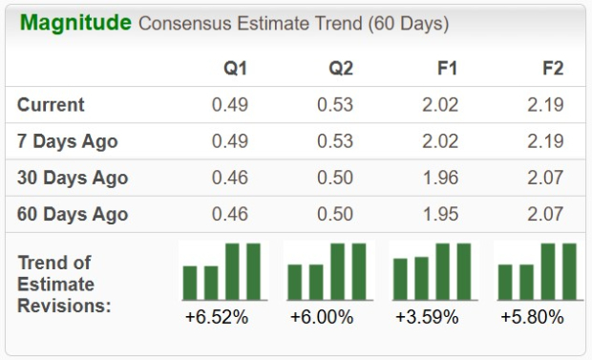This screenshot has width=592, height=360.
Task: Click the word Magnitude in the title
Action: tap(74, 22)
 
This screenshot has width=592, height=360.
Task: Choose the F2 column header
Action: tap(551, 69)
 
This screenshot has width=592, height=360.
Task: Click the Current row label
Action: tap(51, 105)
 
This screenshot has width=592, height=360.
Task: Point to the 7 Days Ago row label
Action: tap(67, 141)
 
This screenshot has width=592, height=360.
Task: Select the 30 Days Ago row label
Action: tap(72, 178)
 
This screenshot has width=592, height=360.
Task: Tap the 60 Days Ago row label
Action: tap(72, 214)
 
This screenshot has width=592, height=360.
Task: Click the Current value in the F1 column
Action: tap(439, 105)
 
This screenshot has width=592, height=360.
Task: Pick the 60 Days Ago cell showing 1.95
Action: tap(439, 214)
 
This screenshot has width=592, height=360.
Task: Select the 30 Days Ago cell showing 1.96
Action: tap(439, 178)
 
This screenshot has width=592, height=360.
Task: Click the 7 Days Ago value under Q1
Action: tap(229, 141)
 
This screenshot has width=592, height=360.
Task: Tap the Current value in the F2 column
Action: tap(545, 105)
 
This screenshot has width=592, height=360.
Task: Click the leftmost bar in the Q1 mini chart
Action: tap(190, 282)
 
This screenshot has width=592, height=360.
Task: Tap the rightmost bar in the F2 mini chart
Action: tap(569, 271)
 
